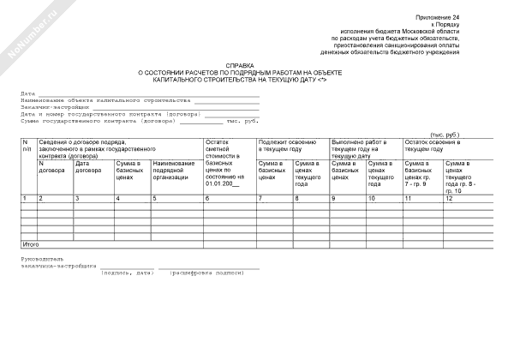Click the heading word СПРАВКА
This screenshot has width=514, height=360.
pyautogui.click(x=240, y=65)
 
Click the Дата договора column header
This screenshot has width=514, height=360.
pyautogui.click(x=91, y=167)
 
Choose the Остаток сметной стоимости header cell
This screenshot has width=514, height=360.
pyautogui.click(x=226, y=163)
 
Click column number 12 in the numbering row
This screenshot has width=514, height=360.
pyautogui.click(x=449, y=199)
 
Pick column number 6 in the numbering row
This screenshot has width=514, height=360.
pyautogui.click(x=207, y=199)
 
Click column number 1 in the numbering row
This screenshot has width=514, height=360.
pyautogui.click(x=24, y=199)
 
